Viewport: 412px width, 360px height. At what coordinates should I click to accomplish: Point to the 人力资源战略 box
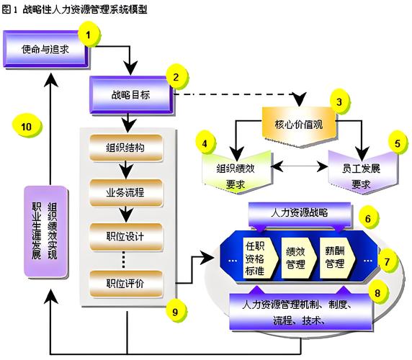(x=298, y=213)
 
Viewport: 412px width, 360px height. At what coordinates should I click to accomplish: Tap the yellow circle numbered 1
(x=89, y=34)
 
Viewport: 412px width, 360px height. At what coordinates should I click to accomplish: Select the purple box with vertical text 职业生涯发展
(x=47, y=230)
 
